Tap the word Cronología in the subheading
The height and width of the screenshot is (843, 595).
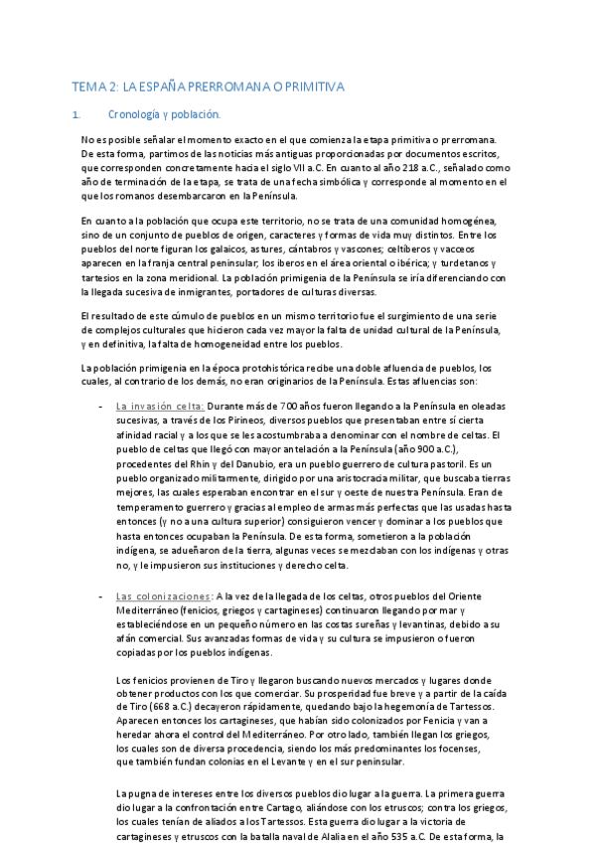point(162,114)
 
